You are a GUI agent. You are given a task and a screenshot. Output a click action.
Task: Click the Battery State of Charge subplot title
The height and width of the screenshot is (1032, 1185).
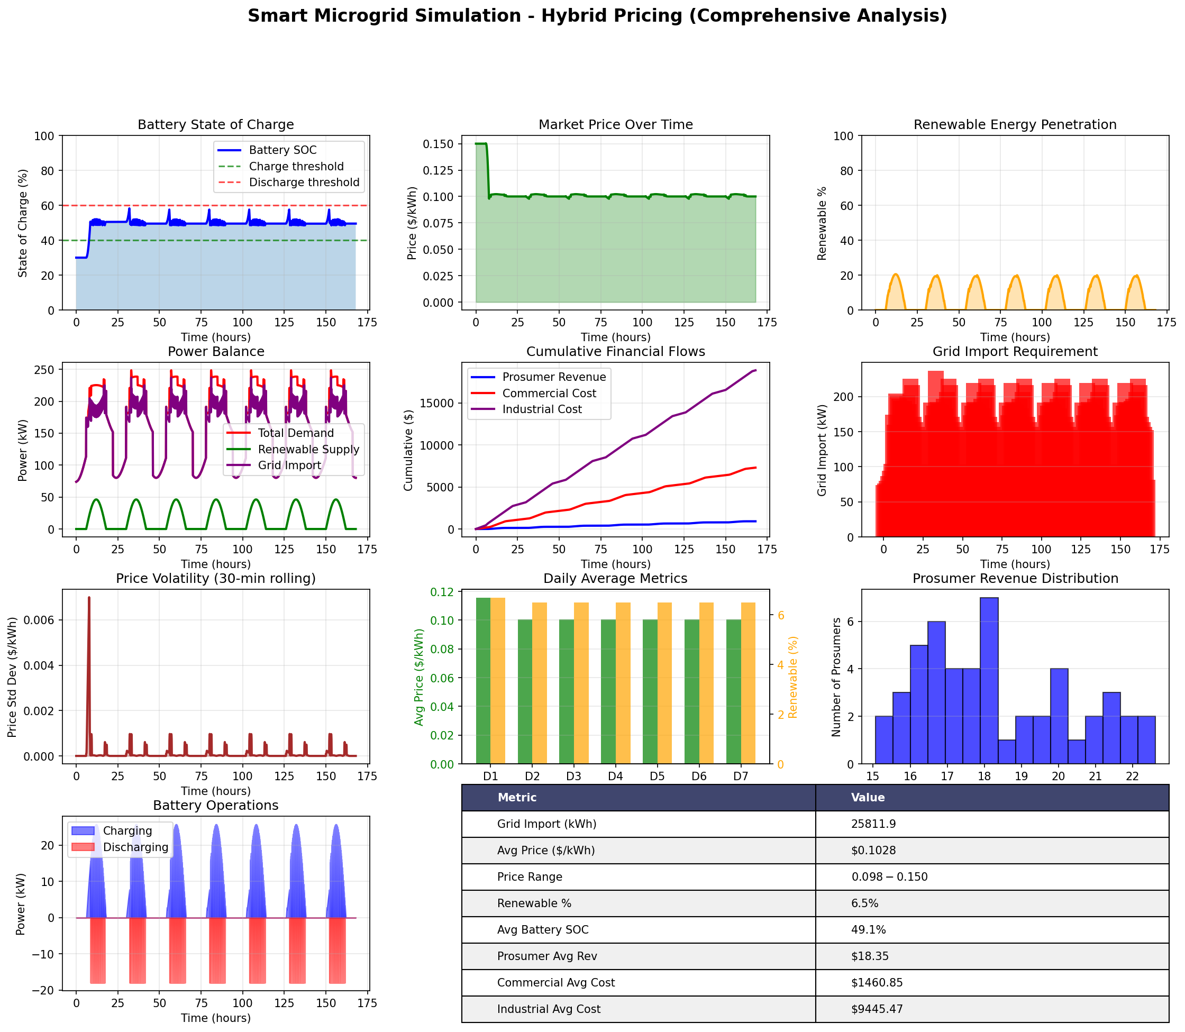(215, 125)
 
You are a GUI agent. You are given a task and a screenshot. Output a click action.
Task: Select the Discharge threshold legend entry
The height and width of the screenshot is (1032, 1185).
(304, 182)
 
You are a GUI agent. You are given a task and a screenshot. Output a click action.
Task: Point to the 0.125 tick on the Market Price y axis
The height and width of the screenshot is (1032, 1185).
(437, 170)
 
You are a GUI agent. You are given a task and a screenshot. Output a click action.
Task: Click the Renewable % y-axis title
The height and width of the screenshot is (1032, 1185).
(822, 223)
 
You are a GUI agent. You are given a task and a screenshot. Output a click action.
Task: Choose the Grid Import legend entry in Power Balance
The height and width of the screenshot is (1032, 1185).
(289, 466)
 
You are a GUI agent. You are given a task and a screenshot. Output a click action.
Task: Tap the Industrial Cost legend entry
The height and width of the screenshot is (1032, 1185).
(541, 409)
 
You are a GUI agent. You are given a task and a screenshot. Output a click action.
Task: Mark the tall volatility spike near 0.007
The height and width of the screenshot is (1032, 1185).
(89, 599)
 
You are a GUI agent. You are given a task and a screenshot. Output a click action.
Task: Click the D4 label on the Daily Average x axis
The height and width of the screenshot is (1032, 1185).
(616, 777)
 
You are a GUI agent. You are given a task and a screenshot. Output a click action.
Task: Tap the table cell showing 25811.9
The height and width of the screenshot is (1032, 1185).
(873, 824)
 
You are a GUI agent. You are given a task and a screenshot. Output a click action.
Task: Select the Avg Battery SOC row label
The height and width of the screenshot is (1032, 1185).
(542, 930)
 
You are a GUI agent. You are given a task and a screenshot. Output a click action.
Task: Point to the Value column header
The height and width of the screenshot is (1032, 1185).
(868, 798)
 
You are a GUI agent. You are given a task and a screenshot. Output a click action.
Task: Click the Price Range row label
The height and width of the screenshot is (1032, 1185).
(529, 877)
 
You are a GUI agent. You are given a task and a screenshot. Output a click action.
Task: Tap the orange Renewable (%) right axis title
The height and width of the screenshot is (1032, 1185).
(793, 677)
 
